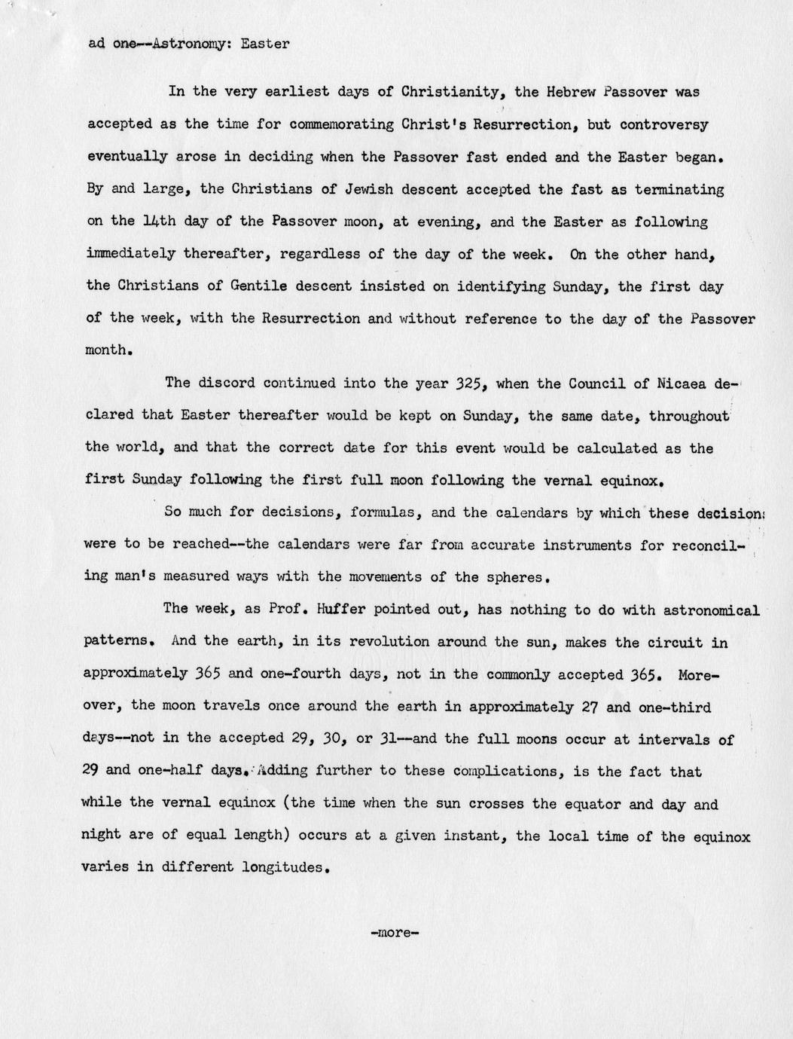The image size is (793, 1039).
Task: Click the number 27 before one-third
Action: tap(590, 707)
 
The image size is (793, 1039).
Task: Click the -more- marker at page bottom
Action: tap(394, 933)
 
